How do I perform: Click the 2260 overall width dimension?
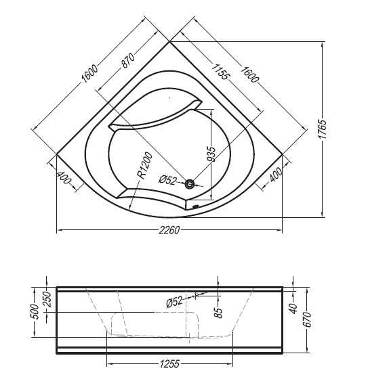coord(169,230)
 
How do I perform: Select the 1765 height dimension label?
coord(323,129)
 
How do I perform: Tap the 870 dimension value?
coord(128,60)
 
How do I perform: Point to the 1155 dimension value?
coord(220,72)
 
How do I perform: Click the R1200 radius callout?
coord(144,166)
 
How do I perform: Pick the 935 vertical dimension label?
coord(211,154)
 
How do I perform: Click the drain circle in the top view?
coord(189,184)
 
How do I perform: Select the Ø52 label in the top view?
coord(167,180)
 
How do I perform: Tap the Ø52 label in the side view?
coord(174,302)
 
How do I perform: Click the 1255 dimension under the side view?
coord(169,364)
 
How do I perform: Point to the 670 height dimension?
coord(308,320)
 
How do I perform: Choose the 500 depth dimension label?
coord(35,312)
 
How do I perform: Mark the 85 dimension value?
coord(218,313)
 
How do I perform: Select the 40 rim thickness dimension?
coord(294,309)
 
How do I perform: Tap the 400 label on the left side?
coord(64,179)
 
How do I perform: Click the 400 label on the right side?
coord(276,175)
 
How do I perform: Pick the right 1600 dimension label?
coord(249,74)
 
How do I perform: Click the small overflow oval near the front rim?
coord(195,207)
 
